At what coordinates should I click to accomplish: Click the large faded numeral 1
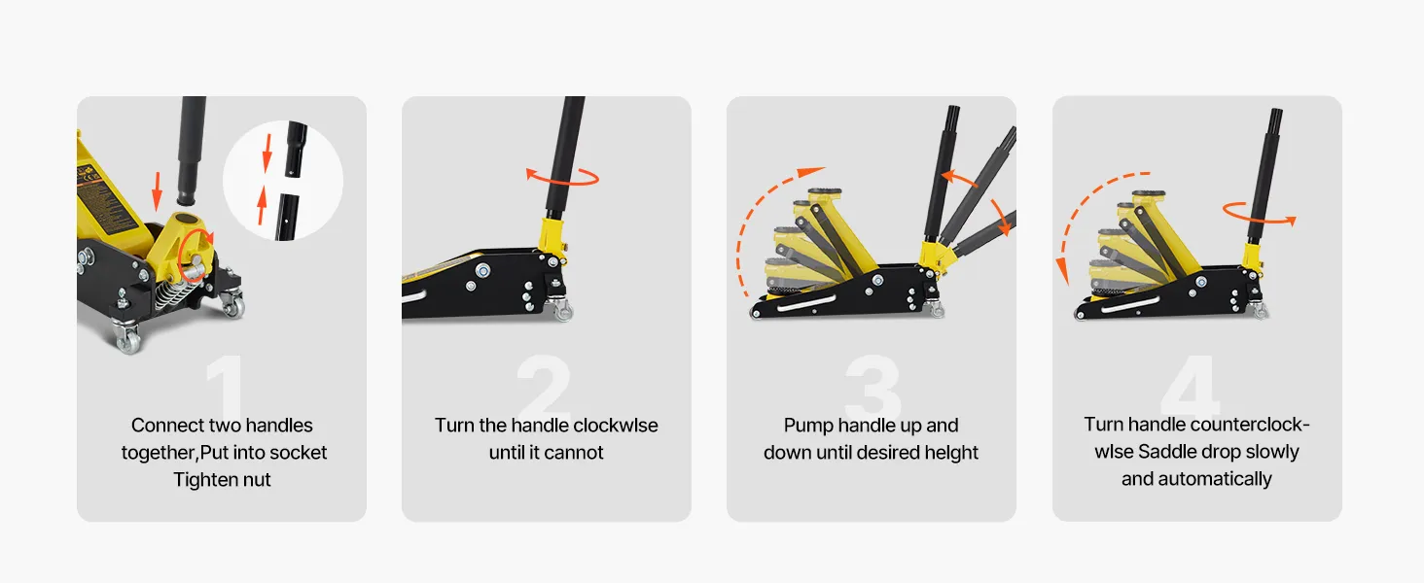(x=227, y=384)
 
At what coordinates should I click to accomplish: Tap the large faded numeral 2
(x=544, y=384)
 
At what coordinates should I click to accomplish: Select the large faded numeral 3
(x=873, y=384)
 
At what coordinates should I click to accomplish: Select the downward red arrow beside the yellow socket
(x=157, y=190)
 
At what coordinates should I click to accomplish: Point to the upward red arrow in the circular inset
(x=262, y=205)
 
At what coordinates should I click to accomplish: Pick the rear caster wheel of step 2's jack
(x=562, y=311)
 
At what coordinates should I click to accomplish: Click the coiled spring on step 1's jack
(x=170, y=293)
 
